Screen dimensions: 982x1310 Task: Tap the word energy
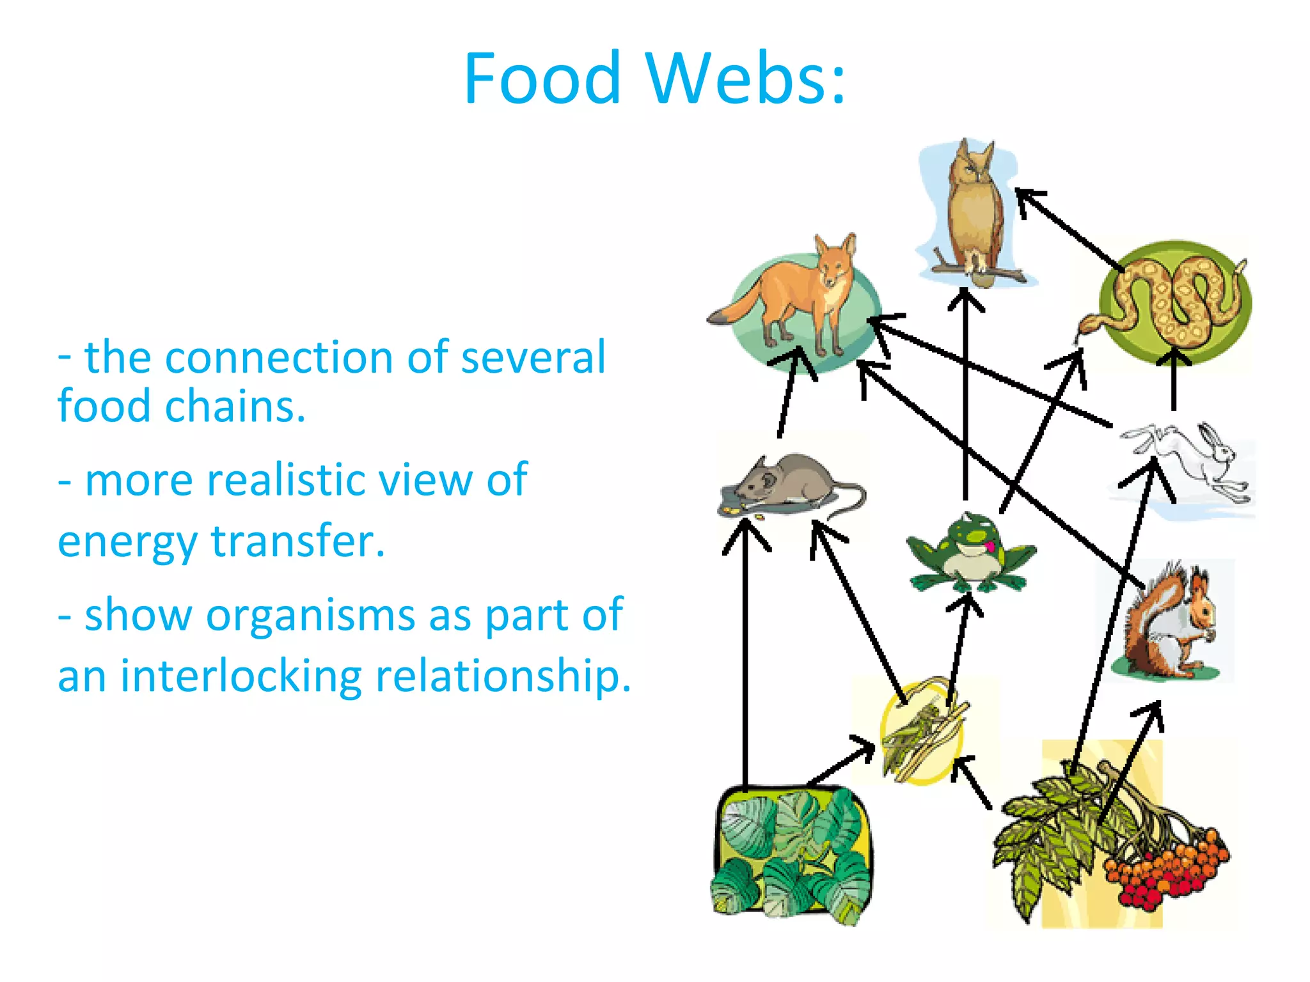pyautogui.click(x=128, y=542)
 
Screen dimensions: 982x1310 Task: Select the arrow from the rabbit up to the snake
pyautogui.click(x=1174, y=384)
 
